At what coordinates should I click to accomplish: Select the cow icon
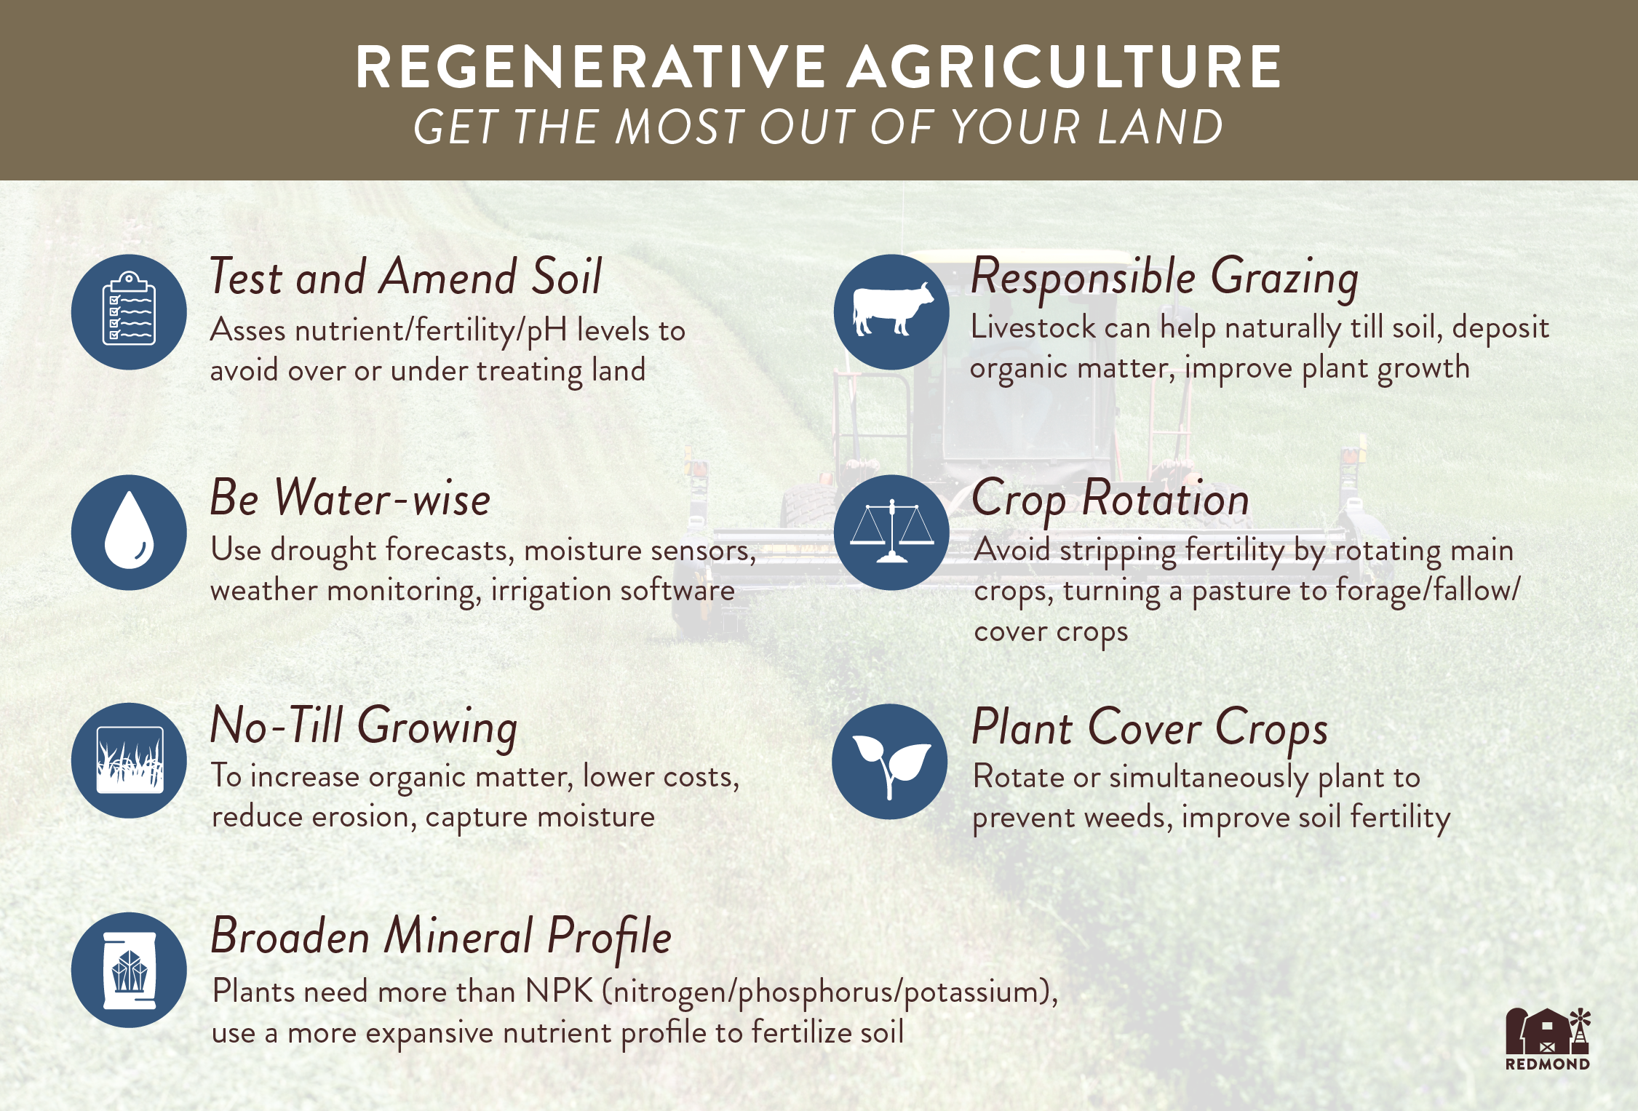[893, 308]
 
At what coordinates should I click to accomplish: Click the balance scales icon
[892, 531]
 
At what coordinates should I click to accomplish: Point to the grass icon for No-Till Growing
[130, 760]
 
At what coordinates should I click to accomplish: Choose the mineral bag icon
[130, 971]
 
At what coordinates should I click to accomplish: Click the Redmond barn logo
[1547, 1039]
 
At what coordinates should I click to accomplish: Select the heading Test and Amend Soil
[406, 276]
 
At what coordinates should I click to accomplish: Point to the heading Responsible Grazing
[1165, 278]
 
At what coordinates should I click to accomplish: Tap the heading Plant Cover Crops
[1150, 728]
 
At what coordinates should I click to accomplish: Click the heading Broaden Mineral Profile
[441, 938]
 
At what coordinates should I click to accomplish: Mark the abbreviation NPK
[559, 992]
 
